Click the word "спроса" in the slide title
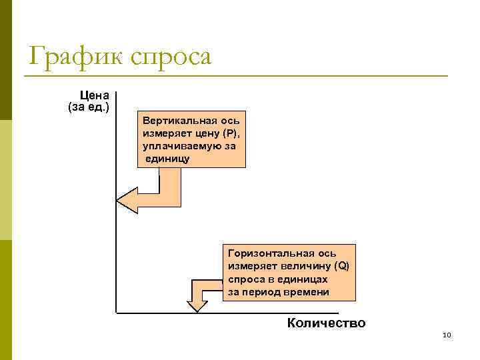[x=171, y=57]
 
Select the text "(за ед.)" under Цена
[x=89, y=107]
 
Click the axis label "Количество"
[x=326, y=323]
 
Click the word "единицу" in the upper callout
[x=168, y=158]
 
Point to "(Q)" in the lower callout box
[x=341, y=267]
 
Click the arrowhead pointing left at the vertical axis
[x=127, y=200]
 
